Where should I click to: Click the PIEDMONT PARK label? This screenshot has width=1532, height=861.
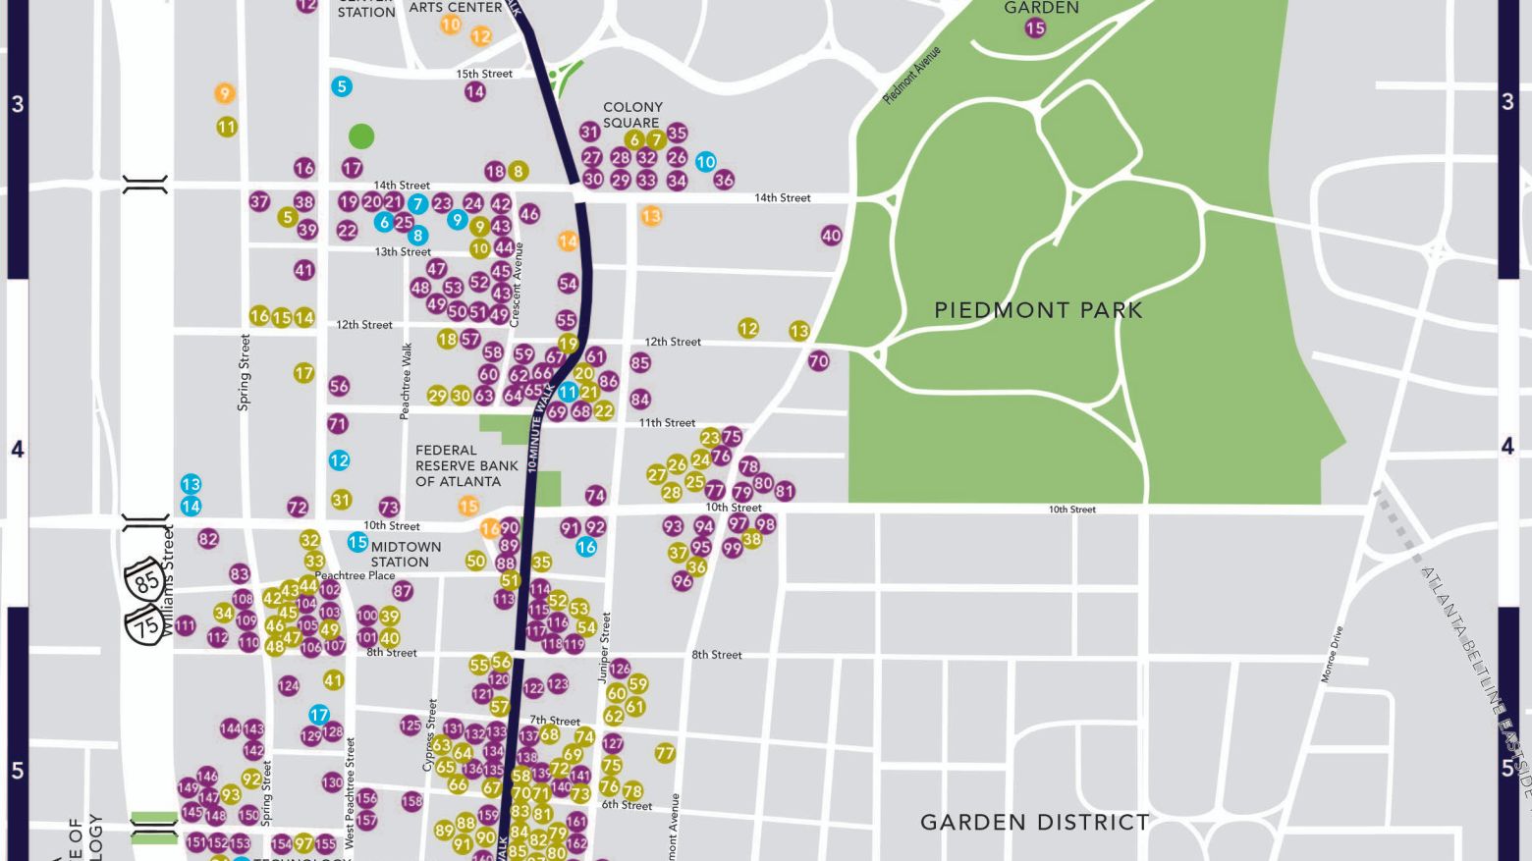click(1038, 310)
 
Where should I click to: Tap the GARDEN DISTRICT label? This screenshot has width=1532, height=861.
click(1034, 822)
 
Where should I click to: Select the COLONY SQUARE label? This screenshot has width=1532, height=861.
click(632, 115)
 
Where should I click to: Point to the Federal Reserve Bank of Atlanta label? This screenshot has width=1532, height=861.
click(466, 465)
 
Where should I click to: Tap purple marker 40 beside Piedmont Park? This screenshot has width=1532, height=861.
click(832, 236)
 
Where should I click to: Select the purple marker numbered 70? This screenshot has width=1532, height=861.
click(819, 361)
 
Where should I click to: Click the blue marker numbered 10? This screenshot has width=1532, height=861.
click(706, 162)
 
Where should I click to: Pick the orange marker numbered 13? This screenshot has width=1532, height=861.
click(651, 216)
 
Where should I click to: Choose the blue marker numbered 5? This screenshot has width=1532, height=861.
click(342, 86)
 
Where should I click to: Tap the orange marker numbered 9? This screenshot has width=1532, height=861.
click(225, 93)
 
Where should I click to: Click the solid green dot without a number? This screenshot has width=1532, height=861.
click(361, 136)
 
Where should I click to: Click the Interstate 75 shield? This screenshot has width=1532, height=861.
click(146, 624)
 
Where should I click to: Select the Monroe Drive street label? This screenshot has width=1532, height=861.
click(1331, 655)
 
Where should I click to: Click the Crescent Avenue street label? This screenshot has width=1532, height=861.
click(518, 285)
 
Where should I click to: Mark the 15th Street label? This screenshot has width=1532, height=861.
click(484, 74)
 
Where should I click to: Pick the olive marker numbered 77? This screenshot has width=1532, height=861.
click(665, 753)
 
